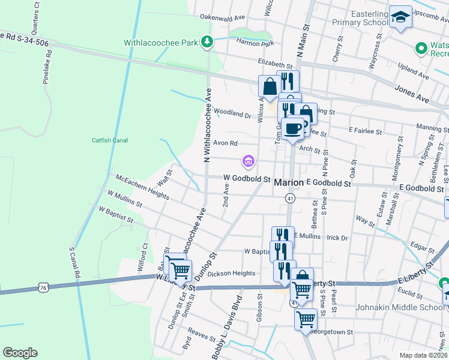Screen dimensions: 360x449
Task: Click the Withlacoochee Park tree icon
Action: pyautogui.click(x=207, y=42)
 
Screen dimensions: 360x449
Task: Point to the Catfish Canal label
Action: pyautogui.click(x=109, y=140)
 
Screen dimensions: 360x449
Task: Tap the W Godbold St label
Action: pyautogui.click(x=247, y=178)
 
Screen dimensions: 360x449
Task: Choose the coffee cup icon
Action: pyautogui.click(x=294, y=128)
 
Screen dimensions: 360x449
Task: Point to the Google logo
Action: pyautogui.click(x=20, y=353)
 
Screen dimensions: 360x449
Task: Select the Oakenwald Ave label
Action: pyautogui.click(x=223, y=17)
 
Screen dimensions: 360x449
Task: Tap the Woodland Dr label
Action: pyautogui.click(x=231, y=113)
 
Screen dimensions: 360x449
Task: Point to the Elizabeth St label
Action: pyautogui.click(x=274, y=62)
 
